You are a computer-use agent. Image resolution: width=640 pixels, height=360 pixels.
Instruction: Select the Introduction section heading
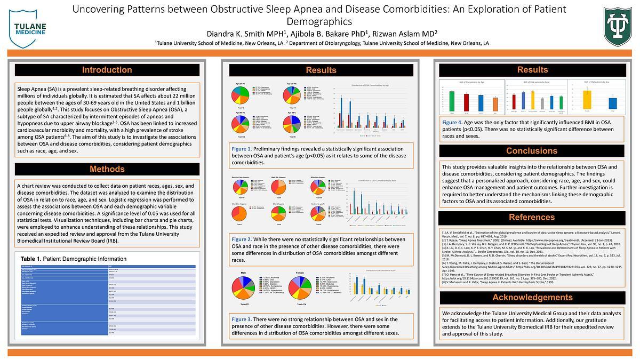point(107,70)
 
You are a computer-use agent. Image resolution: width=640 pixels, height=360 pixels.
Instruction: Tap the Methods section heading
point(107,169)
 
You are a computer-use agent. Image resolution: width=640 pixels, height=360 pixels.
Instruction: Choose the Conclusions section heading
point(532,151)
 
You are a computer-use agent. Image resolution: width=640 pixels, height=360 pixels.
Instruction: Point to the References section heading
point(532,217)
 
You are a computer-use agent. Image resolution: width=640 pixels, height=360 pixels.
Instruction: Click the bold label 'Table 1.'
point(31,259)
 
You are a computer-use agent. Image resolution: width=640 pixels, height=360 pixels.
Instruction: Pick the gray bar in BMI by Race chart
point(542,103)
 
